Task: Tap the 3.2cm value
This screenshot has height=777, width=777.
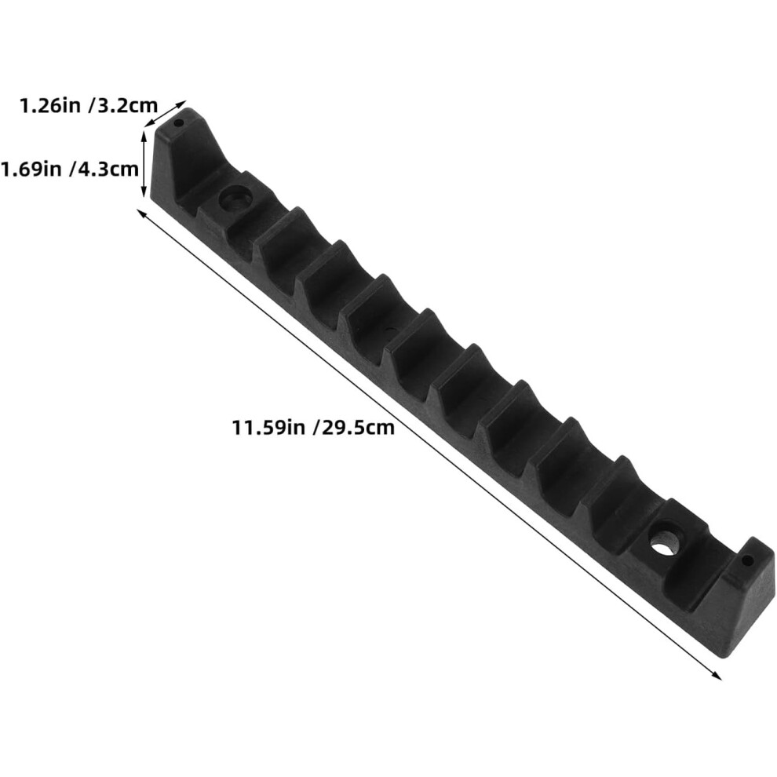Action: pos(126,106)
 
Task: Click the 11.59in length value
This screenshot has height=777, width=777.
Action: pos(268,427)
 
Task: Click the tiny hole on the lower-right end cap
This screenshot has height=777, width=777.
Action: pos(747,561)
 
